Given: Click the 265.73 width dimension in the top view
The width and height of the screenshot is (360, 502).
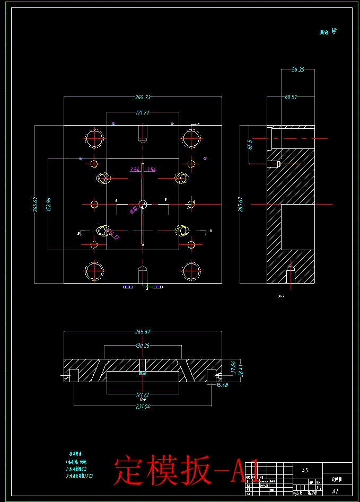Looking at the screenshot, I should pyautogui.click(x=143, y=98).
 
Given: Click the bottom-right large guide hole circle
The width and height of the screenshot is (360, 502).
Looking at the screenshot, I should pyautogui.click(x=191, y=270).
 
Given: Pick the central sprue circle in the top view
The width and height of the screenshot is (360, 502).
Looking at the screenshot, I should pyautogui.click(x=143, y=204).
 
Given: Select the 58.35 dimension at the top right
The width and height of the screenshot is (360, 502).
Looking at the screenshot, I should pyautogui.click(x=297, y=69).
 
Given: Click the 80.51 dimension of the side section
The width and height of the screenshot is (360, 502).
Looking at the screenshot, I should pyautogui.click(x=291, y=98).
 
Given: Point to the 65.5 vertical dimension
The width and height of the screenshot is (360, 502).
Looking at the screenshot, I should pyautogui.click(x=250, y=145).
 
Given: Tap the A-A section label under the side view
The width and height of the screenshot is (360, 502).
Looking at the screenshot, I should pyautogui.click(x=281, y=297).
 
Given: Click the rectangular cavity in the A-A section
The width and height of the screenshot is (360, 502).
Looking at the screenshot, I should pyautogui.click(x=297, y=227).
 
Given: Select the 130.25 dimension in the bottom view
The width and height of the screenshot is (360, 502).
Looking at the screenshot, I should pyautogui.click(x=143, y=346).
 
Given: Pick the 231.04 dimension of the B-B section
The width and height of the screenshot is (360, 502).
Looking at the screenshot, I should pyautogui.click(x=143, y=407).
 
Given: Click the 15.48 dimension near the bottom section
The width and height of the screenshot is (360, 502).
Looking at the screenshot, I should pyautogui.click(x=222, y=385).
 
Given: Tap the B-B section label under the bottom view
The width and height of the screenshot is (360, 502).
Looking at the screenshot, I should pyautogui.click(x=143, y=399).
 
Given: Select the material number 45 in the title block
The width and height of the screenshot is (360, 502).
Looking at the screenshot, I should pyautogui.click(x=304, y=470).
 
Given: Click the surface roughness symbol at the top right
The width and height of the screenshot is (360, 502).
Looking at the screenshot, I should pyautogui.click(x=333, y=32).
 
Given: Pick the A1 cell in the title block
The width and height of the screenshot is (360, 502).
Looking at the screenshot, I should pyautogui.click(x=335, y=491).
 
